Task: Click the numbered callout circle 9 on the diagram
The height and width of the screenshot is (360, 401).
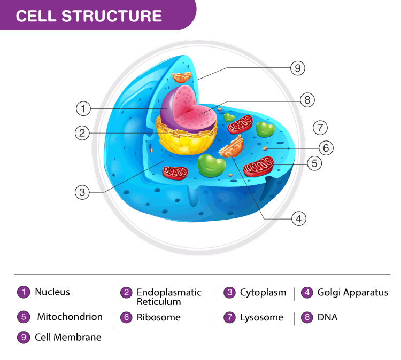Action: [298, 68]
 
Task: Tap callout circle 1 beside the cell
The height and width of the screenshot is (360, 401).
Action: [83, 108]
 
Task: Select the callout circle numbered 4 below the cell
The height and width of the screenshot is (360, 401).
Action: [299, 218]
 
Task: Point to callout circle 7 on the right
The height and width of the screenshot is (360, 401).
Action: [320, 128]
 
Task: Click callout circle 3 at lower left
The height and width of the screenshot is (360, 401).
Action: [82, 192]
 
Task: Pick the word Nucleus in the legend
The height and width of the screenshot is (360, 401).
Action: [52, 292]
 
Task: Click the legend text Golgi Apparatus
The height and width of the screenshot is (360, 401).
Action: [352, 293]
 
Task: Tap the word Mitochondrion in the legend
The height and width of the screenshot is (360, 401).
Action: [70, 317]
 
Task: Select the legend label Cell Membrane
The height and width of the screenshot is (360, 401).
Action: [68, 338]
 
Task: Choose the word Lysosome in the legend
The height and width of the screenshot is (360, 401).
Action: [261, 317]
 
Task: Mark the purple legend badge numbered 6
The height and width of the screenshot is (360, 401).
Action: [126, 317]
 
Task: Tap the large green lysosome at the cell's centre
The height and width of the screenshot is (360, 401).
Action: [211, 165]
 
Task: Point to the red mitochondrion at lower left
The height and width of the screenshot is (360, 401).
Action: [176, 171]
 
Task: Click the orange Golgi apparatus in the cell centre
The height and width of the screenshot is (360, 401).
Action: [232, 147]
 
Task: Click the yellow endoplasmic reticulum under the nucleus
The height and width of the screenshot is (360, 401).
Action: [184, 138]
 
